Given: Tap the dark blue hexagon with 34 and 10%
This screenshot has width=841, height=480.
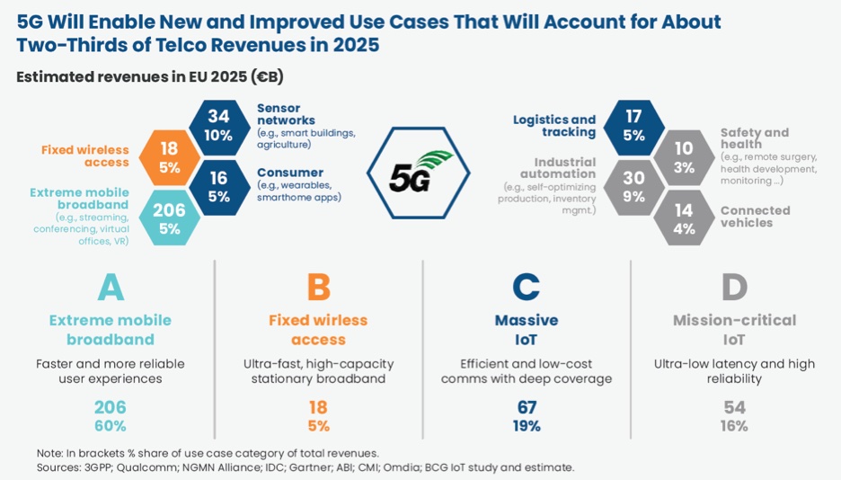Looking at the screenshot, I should click(218, 126).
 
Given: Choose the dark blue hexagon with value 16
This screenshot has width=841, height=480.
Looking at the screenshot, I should click(218, 186).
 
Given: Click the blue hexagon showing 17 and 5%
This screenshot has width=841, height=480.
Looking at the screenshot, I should click(633, 127).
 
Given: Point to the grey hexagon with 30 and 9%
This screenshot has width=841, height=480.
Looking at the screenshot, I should click(634, 185).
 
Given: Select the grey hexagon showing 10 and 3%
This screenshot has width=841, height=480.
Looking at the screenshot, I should click(684, 156).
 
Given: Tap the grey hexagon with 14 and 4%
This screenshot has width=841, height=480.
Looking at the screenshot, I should click(684, 218).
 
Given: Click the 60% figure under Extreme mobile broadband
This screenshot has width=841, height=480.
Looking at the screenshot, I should click(111, 426).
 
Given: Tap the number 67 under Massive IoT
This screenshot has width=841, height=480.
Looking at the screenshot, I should click(526, 407).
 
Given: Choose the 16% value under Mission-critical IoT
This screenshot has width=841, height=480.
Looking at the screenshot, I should click(734, 426).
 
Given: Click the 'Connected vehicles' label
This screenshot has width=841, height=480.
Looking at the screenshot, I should click(755, 217).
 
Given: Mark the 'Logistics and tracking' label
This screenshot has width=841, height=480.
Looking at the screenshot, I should click(554, 126).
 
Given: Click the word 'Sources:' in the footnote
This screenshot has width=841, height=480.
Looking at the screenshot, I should click(58, 467).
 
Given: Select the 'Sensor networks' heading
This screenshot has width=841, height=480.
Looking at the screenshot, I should click(286, 114).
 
